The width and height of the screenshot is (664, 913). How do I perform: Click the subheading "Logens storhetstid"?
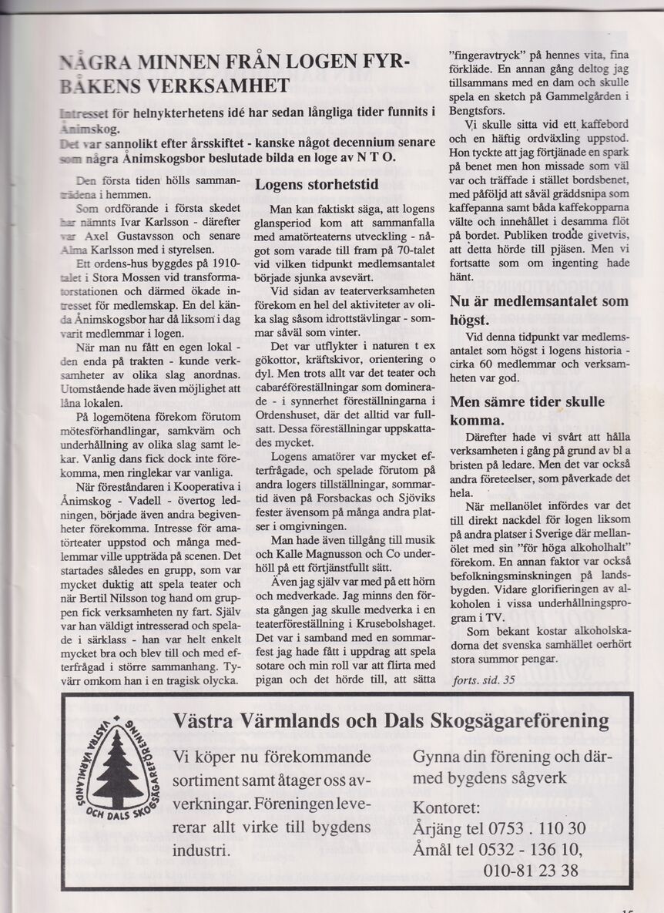[x=317, y=185]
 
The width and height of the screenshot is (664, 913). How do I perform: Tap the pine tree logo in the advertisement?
[x=117, y=771]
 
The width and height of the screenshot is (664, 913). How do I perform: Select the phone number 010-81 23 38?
[x=531, y=871]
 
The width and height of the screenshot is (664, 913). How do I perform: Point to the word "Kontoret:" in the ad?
[x=447, y=807]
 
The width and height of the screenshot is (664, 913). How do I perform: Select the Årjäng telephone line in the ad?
[x=500, y=828]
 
